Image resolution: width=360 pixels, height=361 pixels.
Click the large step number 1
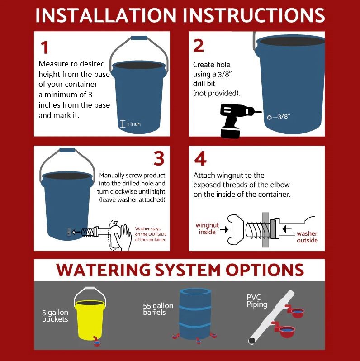[45, 47]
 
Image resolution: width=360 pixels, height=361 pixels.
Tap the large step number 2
[199, 46]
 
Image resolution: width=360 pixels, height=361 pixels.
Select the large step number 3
[159, 158]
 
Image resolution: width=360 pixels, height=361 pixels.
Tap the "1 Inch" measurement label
[133, 124]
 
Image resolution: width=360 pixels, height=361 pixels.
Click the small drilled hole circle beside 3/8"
[269, 118]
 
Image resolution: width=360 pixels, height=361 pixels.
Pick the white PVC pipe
[272, 317]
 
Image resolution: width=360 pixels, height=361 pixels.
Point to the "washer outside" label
[307, 237]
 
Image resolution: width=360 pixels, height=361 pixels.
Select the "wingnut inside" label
[207, 228]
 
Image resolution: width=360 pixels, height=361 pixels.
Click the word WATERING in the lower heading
[103, 270]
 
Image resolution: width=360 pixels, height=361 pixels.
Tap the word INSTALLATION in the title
[106, 15]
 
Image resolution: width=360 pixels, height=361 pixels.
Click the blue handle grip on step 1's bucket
[139, 38]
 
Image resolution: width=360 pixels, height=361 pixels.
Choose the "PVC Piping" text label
[257, 301]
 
